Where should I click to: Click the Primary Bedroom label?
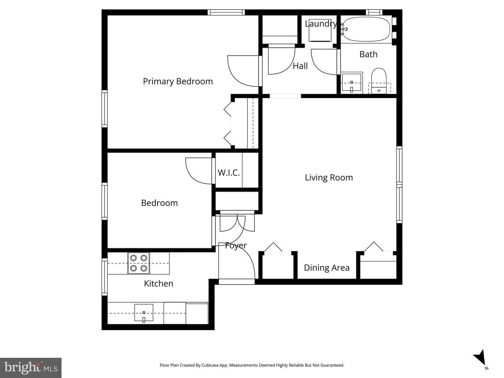178,82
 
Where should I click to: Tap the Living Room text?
329,178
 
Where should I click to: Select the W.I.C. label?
229,173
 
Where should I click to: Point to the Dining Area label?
327,268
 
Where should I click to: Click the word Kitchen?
159,283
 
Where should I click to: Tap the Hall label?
300,66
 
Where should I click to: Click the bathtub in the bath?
366,29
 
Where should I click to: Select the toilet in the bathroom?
379,81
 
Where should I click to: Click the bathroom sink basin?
351,83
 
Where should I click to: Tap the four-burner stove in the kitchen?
139,263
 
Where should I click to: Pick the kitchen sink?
144,313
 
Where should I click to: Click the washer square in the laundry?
320,30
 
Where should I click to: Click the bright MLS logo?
31,367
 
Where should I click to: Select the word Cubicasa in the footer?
210,365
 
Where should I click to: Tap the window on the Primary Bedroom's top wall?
226,12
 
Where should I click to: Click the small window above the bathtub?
374,12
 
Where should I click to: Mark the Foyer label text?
236,246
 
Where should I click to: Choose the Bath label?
368,54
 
